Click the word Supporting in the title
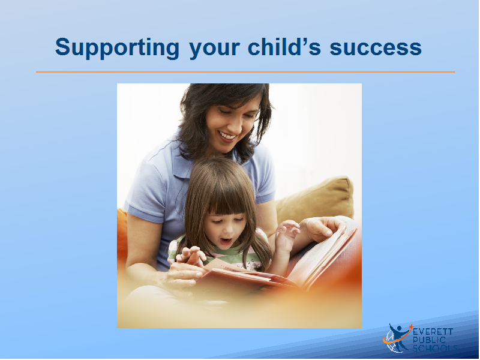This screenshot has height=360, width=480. point(117,48)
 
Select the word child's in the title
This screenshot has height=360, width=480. point(284,47)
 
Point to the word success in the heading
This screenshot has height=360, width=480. point(376,49)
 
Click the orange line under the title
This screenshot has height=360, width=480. point(245,72)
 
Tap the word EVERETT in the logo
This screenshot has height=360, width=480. point(433,332)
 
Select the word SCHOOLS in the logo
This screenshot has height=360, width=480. point(434,348)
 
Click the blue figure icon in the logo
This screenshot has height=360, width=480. point(398,336)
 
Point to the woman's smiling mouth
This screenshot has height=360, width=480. point(228,136)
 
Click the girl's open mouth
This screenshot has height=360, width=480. point(226,241)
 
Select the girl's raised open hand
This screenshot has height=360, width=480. point(287,234)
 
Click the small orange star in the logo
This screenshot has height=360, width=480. point(411,326)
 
